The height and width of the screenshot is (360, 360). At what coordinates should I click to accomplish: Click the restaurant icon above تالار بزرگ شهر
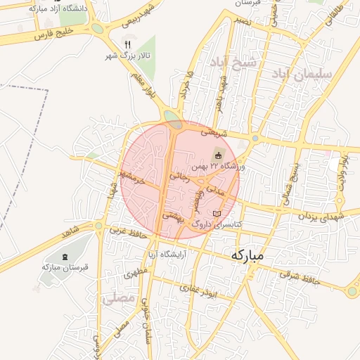click(x=127, y=44)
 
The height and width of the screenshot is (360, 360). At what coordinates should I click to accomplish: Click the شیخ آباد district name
click(x=238, y=65)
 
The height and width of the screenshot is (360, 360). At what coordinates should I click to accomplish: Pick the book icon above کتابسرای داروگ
click(x=217, y=213)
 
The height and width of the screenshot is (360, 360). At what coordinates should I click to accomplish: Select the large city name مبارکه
click(x=246, y=256)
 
